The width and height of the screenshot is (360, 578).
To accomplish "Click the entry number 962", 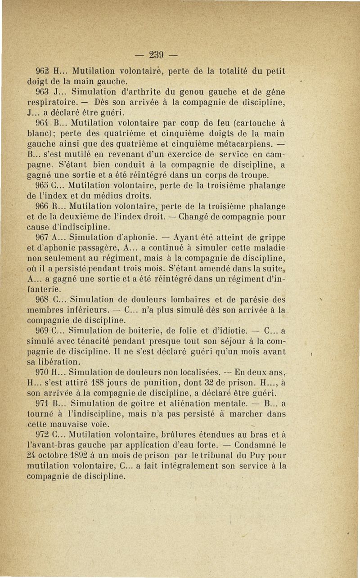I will [43, 71].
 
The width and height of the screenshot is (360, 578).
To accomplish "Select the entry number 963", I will [43, 92].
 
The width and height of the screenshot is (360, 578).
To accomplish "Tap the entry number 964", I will [43, 122].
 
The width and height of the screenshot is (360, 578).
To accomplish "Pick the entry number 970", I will [43, 372].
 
